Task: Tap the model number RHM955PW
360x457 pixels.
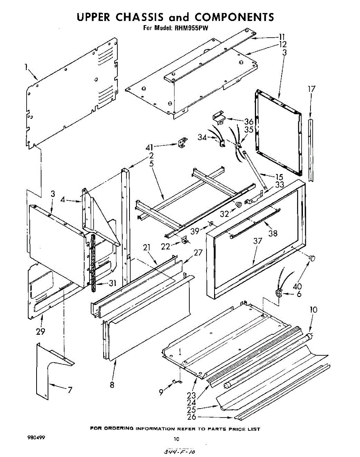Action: (192, 28)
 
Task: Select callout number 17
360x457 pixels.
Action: (312, 89)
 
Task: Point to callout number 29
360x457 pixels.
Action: (40, 331)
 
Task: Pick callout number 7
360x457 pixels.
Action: (69, 390)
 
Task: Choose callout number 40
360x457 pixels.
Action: (297, 286)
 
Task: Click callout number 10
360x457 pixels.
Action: (313, 310)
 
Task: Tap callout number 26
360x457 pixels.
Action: (192, 417)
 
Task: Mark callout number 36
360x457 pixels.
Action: (249, 122)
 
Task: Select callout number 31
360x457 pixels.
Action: (112, 283)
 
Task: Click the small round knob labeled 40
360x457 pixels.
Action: (312, 259)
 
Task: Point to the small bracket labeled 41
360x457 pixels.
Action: (183, 143)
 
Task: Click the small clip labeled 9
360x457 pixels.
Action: (177, 382)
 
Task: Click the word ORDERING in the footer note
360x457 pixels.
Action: (119, 429)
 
